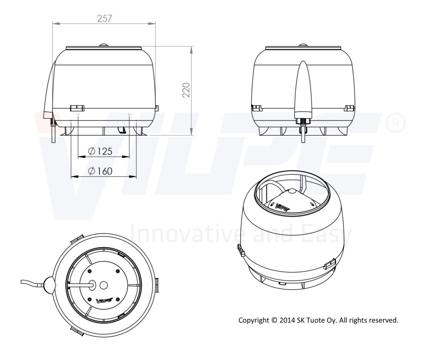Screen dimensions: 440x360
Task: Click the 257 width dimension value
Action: click(x=104, y=18)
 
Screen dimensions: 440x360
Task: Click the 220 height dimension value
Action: click(x=186, y=90)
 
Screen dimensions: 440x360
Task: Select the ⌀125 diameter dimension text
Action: click(x=100, y=151)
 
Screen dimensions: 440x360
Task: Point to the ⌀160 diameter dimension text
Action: click(x=100, y=171)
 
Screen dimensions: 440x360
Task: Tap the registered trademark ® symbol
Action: click(x=396, y=123)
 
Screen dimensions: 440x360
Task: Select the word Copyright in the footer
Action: click(x=254, y=320)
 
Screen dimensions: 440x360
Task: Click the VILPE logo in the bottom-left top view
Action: click(x=104, y=301)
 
